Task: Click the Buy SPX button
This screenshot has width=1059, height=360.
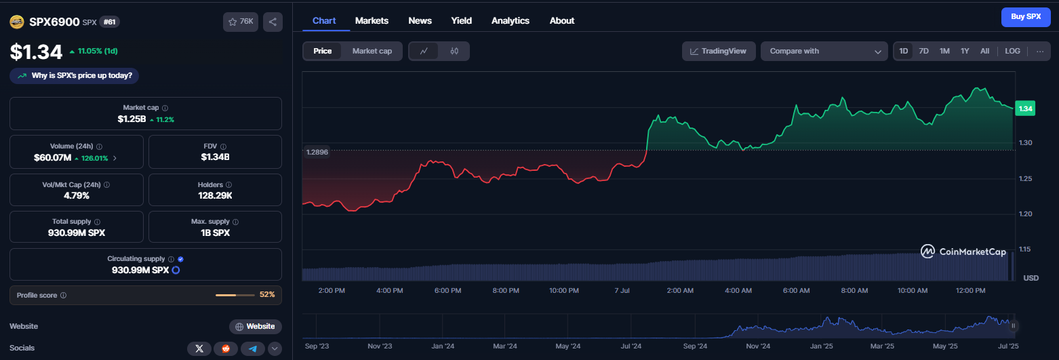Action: coord(1025,17)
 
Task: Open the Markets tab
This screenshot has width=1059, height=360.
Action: coord(372,21)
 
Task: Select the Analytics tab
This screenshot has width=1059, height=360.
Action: coord(510,21)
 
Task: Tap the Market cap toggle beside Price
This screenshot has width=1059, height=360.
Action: coord(372,51)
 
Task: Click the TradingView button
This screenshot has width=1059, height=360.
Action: coord(719,51)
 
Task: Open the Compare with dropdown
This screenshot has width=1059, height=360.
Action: coord(824,51)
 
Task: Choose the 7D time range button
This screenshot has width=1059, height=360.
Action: coord(923,51)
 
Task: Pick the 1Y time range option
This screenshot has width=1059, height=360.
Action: coord(965,51)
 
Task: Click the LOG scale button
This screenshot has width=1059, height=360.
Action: coord(1012,51)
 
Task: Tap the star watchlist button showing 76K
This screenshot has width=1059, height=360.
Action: coord(241,22)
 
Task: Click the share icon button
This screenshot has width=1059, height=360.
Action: coord(273,22)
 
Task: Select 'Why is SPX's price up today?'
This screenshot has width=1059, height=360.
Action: coord(74,76)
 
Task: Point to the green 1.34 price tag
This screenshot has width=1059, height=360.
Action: coord(1025,108)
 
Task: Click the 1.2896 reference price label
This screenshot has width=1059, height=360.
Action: coord(317,152)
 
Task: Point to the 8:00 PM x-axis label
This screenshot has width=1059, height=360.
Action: coord(506,290)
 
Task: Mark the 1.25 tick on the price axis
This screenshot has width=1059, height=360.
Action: coord(1025,178)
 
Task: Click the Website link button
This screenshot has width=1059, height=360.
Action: coord(256,326)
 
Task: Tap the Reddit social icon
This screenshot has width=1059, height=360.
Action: coord(226,348)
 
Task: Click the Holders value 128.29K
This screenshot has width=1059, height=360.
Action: coord(215,195)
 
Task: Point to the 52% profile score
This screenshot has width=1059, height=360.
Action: coord(267,295)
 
